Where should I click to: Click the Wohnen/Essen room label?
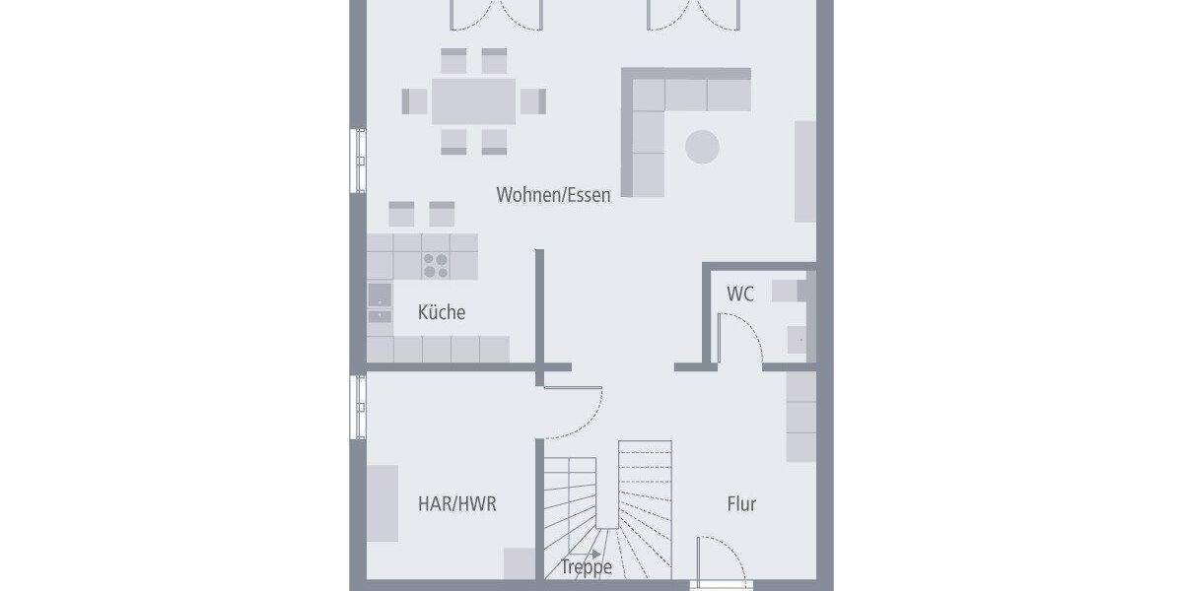[553, 195]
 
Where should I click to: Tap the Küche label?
[442, 313]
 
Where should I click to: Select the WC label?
[740, 294]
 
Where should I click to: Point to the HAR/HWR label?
[457, 504]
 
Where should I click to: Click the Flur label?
[741, 504]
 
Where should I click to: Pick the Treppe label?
[587, 567]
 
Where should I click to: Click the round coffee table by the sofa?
[702, 147]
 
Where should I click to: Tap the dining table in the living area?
[473, 100]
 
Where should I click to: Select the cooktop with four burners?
[436, 263]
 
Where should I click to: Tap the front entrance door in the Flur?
[721, 561]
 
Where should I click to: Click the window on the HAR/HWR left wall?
[357, 406]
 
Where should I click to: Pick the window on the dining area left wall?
[357, 160]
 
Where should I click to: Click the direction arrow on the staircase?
[595, 555]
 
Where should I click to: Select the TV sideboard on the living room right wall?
[805, 171]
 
